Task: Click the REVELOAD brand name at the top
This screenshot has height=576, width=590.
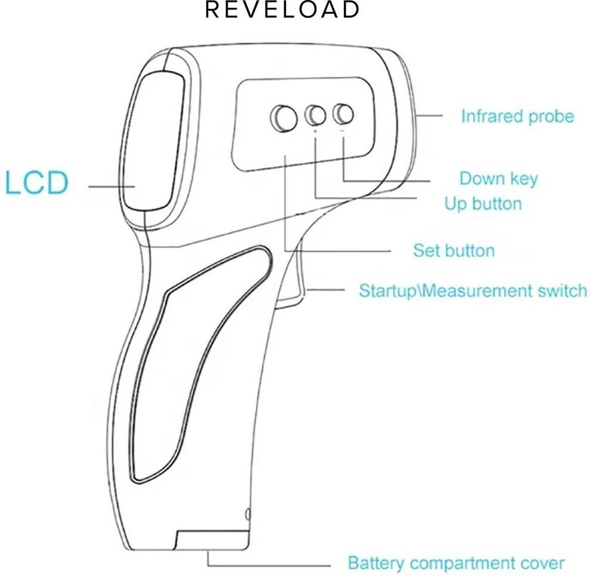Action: click(x=282, y=10)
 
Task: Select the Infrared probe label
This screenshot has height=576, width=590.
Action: click(x=517, y=116)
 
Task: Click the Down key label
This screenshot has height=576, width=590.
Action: click(x=498, y=178)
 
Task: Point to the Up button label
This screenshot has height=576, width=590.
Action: click(x=483, y=203)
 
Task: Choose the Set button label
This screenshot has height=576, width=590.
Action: click(x=453, y=250)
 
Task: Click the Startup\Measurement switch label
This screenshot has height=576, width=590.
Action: click(x=472, y=290)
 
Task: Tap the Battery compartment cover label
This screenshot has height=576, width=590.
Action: click(x=456, y=563)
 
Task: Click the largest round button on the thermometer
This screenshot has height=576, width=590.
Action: click(x=284, y=117)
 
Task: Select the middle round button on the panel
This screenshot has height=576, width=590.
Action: click(x=316, y=115)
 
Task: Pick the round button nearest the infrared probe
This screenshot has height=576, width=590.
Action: click(x=343, y=114)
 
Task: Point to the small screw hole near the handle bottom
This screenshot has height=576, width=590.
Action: click(x=247, y=515)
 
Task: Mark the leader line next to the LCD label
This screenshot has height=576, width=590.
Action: click(x=112, y=187)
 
